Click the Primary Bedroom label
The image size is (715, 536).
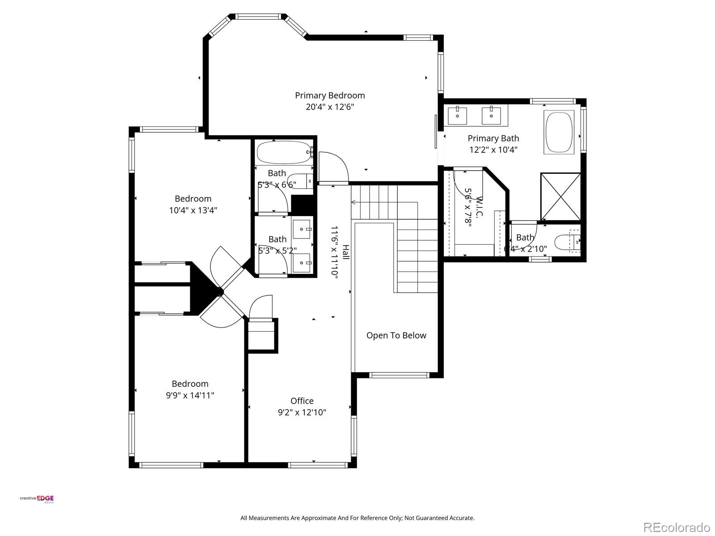(330, 95)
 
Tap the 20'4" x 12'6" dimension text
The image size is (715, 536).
(330, 107)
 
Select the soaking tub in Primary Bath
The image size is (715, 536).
(559, 132)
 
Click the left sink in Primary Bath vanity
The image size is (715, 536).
(458, 115)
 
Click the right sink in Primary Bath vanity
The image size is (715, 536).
(491, 115)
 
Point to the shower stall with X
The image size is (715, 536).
(560, 197)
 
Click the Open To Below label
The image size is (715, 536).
(396, 335)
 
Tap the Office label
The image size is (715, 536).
(302, 401)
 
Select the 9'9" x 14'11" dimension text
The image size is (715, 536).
(190, 395)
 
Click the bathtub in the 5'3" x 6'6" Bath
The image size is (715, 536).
(284, 153)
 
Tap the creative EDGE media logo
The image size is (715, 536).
(37, 499)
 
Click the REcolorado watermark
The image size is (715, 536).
(677, 527)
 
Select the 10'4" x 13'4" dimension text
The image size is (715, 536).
(193, 210)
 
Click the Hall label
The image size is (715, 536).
(346, 252)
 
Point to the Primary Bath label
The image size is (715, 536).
(493, 138)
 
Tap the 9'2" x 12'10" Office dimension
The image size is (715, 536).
(302, 412)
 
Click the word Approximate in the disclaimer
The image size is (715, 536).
(319, 518)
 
